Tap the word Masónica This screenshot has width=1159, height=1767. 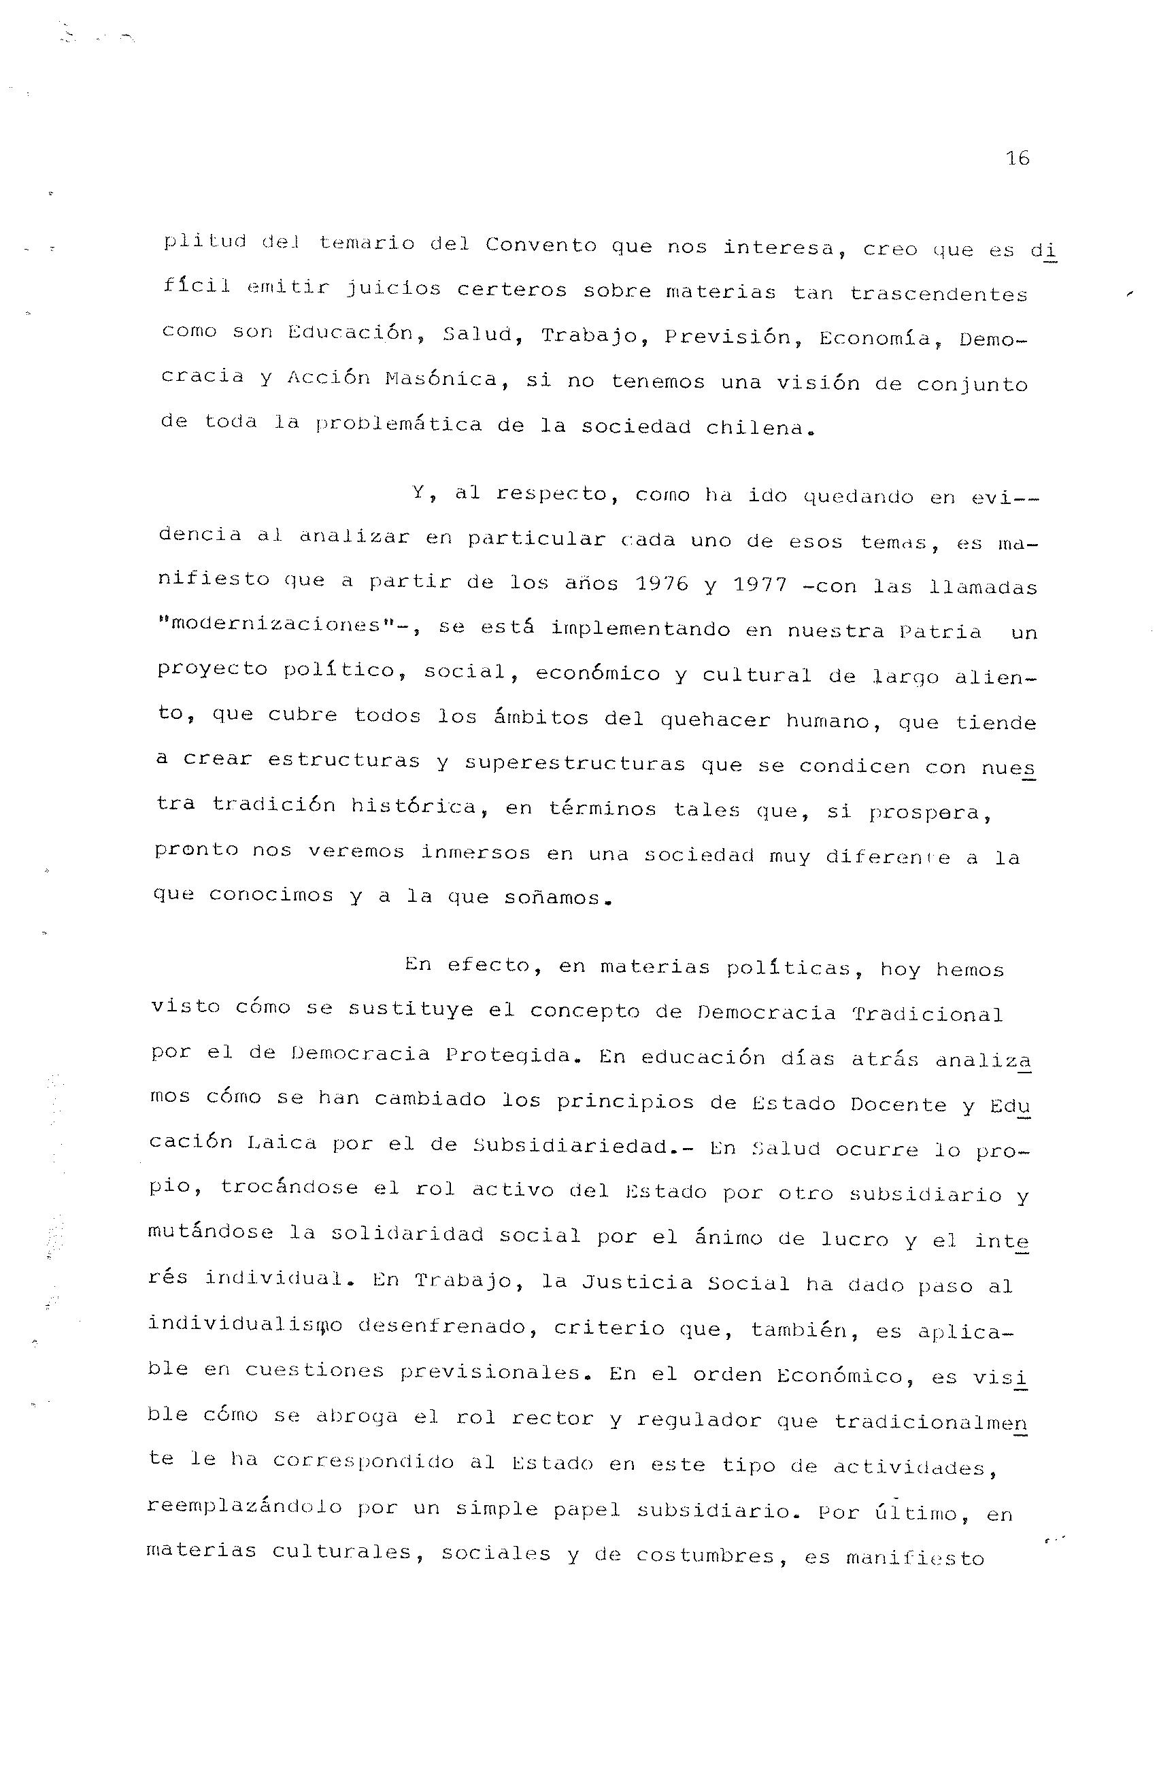tap(441, 380)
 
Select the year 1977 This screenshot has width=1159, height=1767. tap(760, 586)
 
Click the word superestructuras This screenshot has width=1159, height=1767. tap(575, 763)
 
